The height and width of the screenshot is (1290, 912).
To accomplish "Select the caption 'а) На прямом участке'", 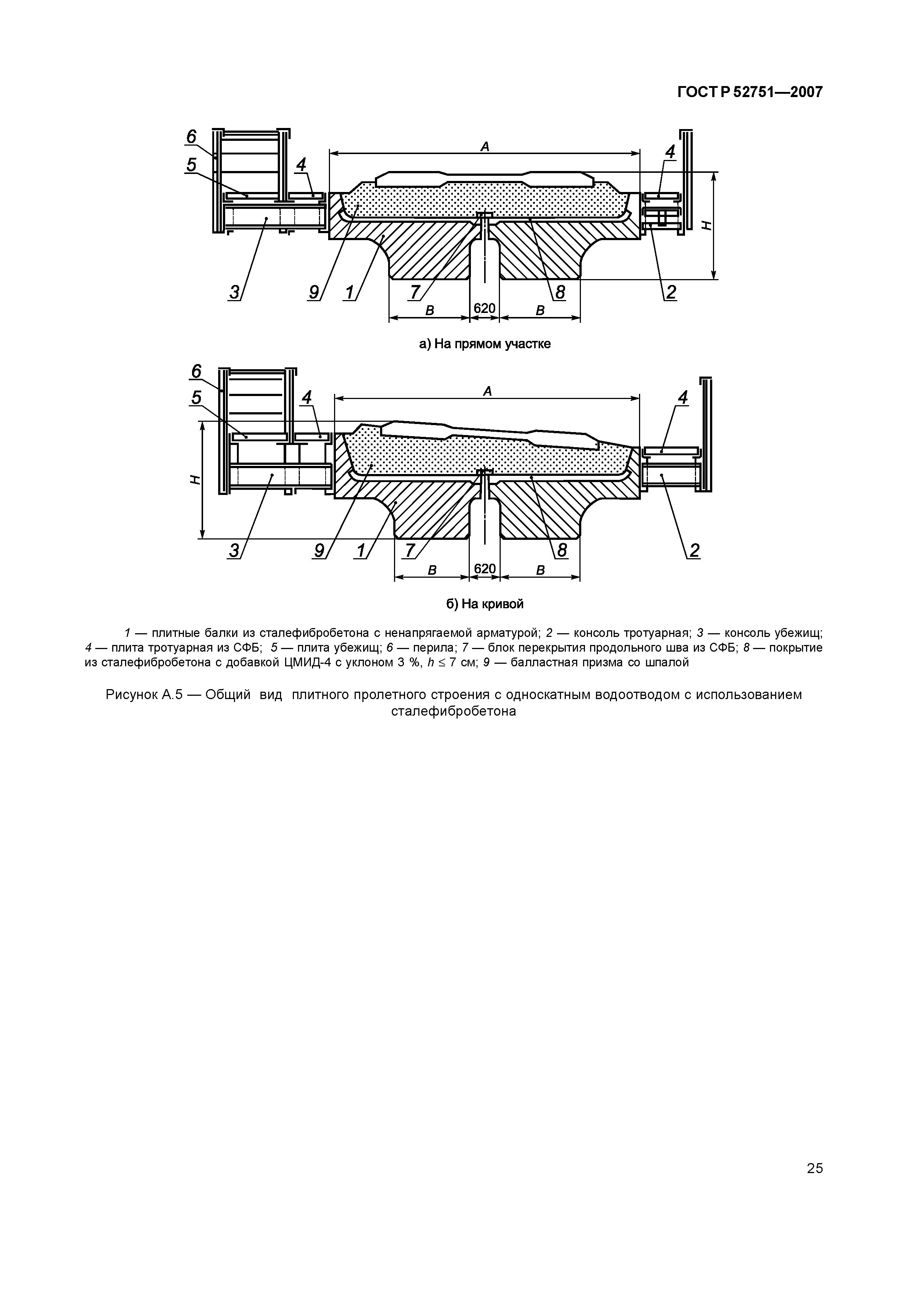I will pos(485,344).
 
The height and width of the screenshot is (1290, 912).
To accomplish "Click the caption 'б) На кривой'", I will pos(485,604).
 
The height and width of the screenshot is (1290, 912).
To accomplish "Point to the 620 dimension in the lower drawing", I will pos(485,569).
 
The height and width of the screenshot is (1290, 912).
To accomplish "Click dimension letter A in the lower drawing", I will pos(487,391).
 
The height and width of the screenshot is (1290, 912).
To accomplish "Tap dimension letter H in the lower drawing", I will pos(194,479).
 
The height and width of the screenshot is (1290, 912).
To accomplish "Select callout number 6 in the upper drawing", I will pos(192,136).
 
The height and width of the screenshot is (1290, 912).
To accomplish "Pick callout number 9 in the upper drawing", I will pos(313,292).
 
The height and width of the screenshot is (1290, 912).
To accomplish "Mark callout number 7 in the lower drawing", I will pos(409,550).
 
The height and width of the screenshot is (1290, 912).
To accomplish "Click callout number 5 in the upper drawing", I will pos(192,165).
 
